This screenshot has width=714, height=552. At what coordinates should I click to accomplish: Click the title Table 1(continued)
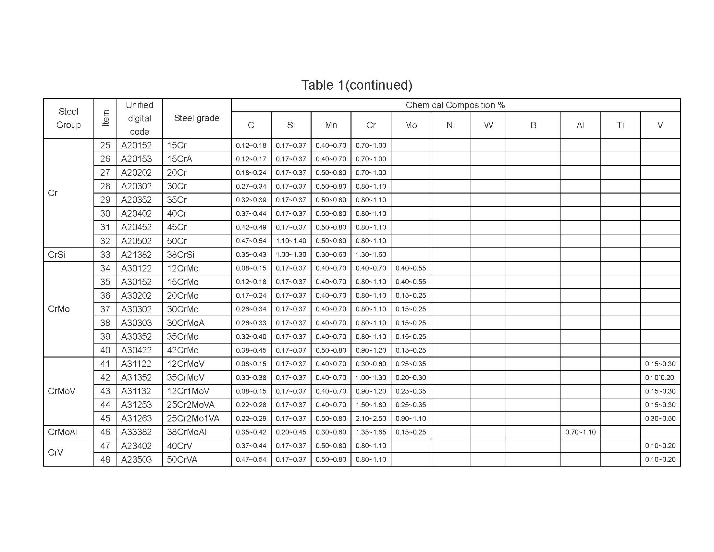357,85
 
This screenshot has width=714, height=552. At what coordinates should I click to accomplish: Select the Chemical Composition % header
455,105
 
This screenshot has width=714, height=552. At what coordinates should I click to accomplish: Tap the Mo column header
411,125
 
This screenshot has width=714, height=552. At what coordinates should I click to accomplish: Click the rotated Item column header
105,118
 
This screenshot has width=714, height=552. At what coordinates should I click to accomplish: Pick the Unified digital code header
139,118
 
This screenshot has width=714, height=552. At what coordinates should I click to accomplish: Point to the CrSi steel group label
56,255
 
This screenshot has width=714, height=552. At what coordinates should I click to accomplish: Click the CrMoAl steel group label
63,432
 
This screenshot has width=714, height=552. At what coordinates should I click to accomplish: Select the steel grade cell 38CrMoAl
187,432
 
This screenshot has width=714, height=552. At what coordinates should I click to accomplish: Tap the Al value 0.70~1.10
580,432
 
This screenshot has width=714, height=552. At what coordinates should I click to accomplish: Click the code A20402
136,214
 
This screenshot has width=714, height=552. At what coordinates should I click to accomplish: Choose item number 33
105,255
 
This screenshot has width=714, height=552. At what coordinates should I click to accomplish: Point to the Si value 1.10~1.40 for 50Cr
291,241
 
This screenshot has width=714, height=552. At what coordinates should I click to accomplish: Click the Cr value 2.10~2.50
371,418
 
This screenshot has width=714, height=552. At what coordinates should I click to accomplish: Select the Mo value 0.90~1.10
411,418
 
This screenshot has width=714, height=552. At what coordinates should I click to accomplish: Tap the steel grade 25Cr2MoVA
191,405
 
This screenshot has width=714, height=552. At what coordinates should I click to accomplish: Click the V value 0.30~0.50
660,418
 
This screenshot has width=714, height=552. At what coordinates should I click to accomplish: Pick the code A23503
136,459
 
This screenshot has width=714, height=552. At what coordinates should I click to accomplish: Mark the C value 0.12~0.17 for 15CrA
251,159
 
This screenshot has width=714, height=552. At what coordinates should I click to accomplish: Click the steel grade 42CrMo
182,350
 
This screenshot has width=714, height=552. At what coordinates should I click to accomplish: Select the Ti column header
620,125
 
